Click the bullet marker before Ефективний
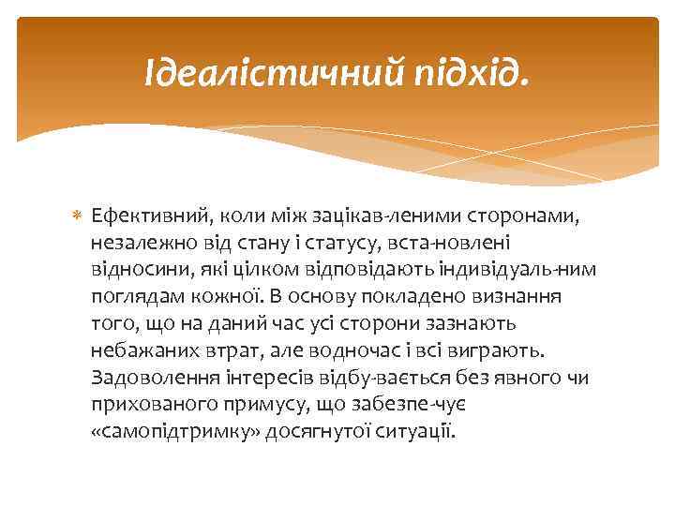77,217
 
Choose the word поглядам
130,298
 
